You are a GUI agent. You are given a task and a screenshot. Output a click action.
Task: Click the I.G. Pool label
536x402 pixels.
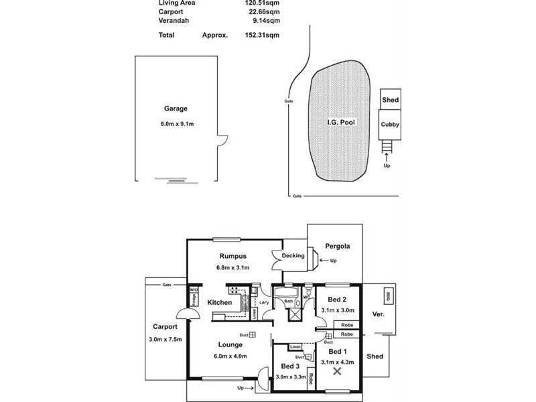coord(342,123)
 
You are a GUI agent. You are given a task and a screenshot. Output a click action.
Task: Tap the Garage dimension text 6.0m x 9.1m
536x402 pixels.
coord(176,123)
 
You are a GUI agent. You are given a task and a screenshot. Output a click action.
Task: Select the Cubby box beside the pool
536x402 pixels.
coord(390,124)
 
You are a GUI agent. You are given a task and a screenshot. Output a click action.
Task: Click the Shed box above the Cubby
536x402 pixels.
coord(390,100)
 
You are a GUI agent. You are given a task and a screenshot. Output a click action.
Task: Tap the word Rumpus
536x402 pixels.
coord(233,256)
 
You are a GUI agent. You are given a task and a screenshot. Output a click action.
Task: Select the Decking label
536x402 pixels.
coord(293,255)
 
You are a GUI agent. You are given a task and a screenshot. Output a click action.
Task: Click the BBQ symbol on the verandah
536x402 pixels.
coord(387,296)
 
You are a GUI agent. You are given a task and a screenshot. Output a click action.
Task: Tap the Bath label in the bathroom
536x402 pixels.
coord(289,302)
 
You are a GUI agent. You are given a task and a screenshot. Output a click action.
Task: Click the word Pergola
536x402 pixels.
coord(337,246)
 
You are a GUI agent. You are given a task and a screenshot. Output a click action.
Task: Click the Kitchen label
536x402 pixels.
coord(219,303)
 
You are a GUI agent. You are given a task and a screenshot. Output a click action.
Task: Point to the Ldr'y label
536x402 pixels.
coord(265,302)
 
